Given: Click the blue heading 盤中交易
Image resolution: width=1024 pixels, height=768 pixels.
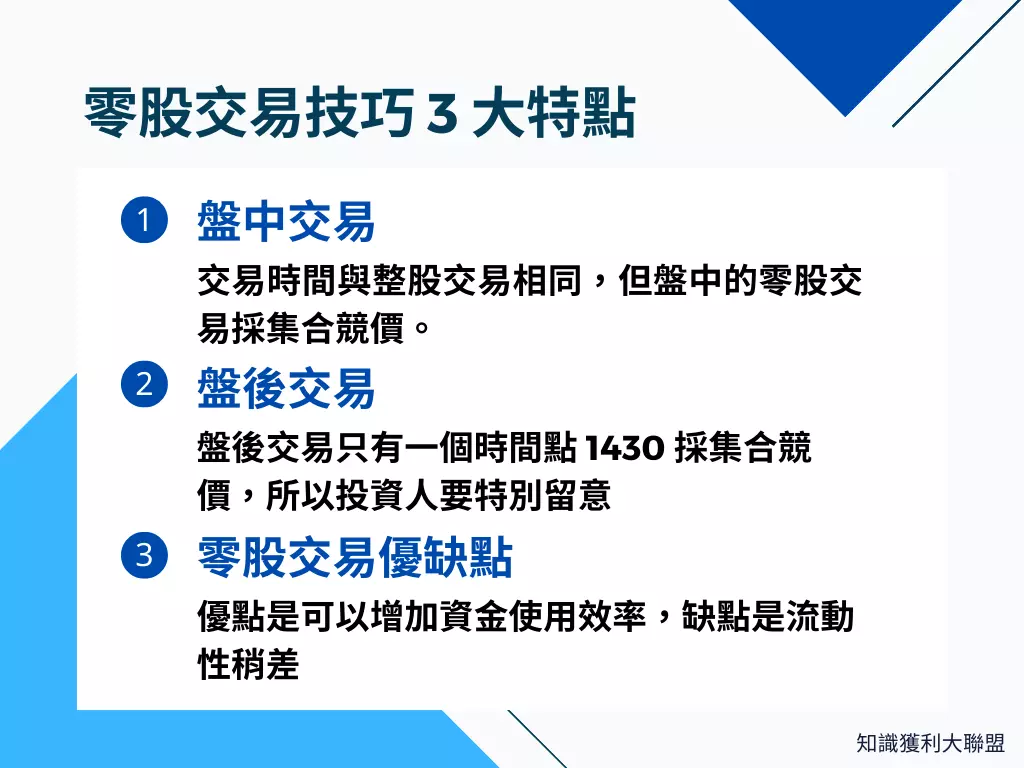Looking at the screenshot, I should [286, 221].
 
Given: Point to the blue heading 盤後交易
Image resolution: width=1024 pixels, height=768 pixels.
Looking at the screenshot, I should [286, 388].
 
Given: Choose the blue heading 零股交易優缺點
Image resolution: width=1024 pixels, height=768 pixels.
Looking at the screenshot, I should [355, 557].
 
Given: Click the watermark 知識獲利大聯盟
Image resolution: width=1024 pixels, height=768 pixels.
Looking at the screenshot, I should [930, 743].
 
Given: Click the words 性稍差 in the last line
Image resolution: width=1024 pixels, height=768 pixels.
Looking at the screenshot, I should [249, 664].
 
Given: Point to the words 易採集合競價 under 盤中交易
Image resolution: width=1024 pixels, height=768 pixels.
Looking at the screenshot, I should [301, 328].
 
